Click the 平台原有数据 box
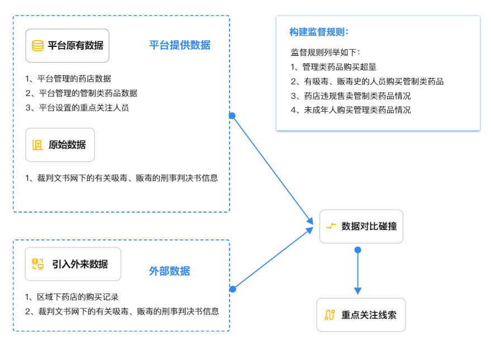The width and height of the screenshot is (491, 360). (68, 46)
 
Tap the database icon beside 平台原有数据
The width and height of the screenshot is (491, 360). (37, 46)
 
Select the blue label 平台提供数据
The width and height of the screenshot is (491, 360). (179, 45)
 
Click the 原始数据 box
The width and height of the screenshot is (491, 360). (60, 145)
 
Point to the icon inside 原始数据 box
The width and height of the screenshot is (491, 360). (37, 145)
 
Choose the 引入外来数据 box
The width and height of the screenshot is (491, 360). (73, 264)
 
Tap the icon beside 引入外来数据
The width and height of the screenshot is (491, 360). (37, 264)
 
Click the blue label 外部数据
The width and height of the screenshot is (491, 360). (169, 271)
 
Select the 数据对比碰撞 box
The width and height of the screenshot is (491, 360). (361, 226)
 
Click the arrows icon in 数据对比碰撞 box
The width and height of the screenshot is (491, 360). (331, 226)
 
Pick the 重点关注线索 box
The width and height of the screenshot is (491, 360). (361, 315)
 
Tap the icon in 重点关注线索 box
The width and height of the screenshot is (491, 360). (330, 315)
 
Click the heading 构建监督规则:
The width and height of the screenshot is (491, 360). (319, 32)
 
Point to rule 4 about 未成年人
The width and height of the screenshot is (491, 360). (351, 110)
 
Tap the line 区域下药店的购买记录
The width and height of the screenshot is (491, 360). (72, 297)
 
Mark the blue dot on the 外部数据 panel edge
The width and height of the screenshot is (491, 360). (232, 289)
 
